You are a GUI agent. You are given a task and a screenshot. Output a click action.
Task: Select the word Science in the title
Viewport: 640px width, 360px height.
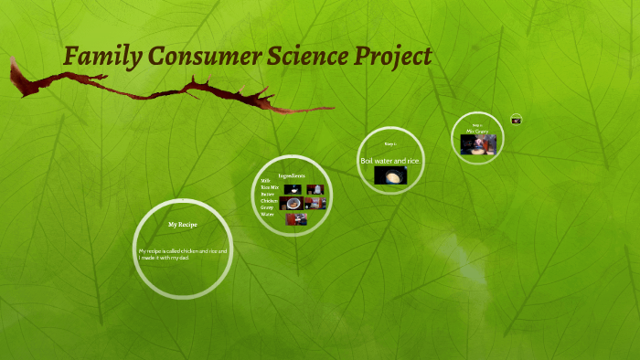[285, 57]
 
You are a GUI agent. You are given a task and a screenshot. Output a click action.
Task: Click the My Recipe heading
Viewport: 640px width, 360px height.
[183, 224]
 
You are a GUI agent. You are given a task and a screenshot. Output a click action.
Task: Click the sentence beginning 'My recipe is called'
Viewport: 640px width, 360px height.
[182, 254]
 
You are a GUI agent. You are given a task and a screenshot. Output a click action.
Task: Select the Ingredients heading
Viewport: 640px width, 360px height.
[292, 175]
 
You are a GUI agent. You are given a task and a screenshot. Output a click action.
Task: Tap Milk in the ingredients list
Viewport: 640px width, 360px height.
[266, 181]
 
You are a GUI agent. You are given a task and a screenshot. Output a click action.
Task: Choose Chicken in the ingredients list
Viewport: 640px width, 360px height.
[269, 201]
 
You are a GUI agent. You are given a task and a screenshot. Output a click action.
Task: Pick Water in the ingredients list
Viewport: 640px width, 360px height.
[267, 215]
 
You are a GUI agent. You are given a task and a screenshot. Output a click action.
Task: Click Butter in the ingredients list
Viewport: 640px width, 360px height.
[268, 194]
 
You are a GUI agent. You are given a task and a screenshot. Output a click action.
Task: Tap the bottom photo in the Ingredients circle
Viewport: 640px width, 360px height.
[296, 219]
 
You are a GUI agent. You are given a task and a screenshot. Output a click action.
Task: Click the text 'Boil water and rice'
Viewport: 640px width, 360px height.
[389, 161]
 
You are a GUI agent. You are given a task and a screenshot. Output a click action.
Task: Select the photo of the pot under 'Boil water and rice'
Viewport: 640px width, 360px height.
[390, 175]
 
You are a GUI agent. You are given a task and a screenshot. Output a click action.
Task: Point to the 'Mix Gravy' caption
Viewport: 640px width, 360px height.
[477, 131]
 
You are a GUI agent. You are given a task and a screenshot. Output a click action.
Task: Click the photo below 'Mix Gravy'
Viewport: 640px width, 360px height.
[478, 145]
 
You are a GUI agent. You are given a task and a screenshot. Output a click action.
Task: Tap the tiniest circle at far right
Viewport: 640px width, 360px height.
[517, 119]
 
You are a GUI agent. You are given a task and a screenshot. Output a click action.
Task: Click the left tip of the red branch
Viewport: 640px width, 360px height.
[12, 61]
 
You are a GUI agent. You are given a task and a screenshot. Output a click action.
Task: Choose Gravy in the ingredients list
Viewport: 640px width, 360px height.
[267, 208]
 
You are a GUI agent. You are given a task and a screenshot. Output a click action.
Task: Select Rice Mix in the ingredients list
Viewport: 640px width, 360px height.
[269, 187]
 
